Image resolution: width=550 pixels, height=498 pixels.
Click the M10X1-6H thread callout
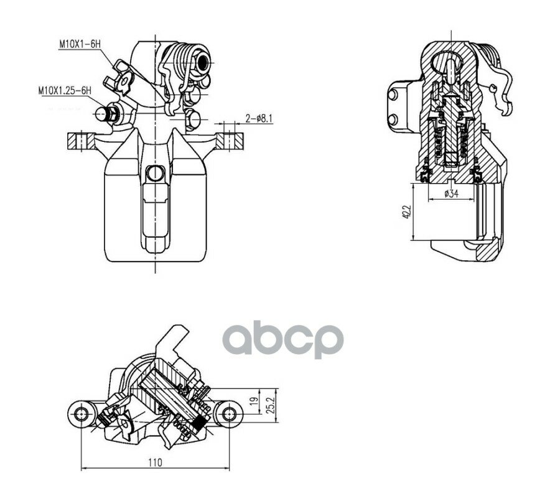(x=80, y=44)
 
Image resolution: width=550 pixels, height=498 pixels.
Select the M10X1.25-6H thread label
(x=65, y=90)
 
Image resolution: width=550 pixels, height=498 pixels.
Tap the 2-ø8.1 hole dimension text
(x=259, y=119)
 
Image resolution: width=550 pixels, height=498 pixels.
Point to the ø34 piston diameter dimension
(x=451, y=194)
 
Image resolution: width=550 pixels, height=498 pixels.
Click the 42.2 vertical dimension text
(x=406, y=212)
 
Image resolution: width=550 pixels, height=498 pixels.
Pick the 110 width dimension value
(x=155, y=463)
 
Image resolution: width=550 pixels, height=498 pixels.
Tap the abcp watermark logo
(x=283, y=339)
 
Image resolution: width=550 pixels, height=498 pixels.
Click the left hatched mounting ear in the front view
(x=81, y=141)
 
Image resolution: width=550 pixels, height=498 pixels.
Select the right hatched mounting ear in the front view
(x=230, y=141)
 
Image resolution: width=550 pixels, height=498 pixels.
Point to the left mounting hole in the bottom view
(x=82, y=413)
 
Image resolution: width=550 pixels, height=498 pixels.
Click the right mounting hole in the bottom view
(x=230, y=413)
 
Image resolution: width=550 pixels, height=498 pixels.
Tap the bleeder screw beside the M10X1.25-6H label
(x=107, y=113)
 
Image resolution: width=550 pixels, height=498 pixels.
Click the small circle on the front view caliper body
(x=156, y=173)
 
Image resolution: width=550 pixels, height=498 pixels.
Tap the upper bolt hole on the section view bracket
(x=393, y=95)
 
